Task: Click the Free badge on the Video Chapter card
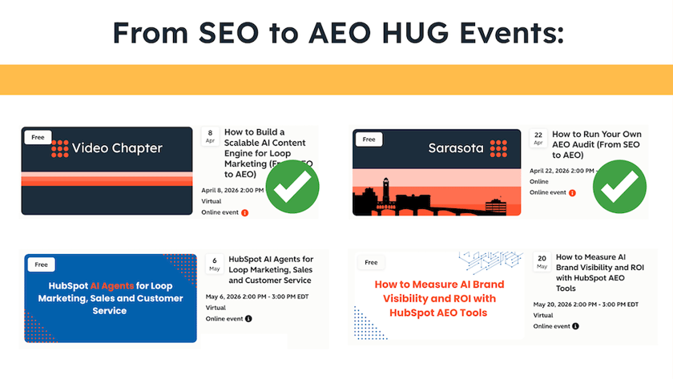(x=38, y=137)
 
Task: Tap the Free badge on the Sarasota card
(x=369, y=139)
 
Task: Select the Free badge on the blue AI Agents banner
(x=40, y=264)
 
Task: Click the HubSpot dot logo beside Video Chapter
(x=60, y=148)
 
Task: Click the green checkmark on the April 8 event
(x=292, y=187)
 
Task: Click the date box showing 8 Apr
(x=210, y=135)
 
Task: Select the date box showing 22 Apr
(x=538, y=137)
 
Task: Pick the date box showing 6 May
(x=215, y=264)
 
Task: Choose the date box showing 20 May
(x=542, y=262)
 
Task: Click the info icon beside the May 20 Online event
(x=576, y=326)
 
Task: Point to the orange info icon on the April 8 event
(x=244, y=212)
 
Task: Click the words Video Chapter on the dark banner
(x=117, y=148)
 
